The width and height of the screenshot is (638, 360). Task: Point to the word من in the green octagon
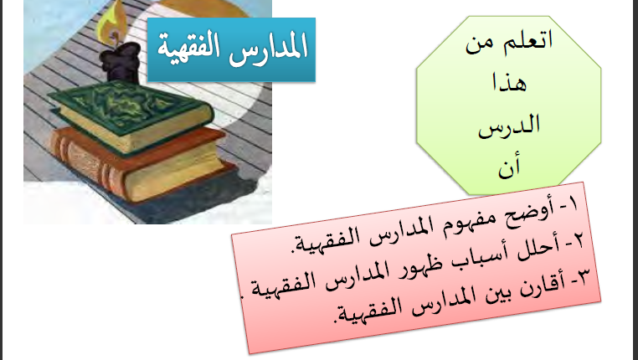click(480, 44)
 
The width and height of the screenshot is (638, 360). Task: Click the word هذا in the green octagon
click(509, 83)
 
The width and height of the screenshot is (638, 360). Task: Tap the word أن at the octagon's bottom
click(509, 167)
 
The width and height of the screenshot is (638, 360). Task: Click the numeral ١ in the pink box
click(573, 203)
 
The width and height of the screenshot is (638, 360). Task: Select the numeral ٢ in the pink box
click(579, 240)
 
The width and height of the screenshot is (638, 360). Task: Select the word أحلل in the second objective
click(538, 249)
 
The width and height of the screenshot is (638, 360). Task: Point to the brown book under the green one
click(138, 165)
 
